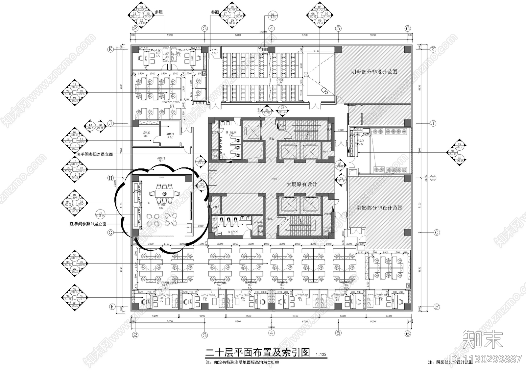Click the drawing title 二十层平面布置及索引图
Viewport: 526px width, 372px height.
[x=257, y=353]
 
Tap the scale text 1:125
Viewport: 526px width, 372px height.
[x=321, y=355]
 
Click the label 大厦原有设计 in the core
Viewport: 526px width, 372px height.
[x=302, y=184]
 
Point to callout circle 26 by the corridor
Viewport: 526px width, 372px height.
[x=200, y=162]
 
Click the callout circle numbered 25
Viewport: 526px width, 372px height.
[x=340, y=165]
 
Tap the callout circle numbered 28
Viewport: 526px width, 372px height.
[x=341, y=180]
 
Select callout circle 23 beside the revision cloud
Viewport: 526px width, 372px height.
[x=202, y=186]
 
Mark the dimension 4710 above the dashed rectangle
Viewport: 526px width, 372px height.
[x=316, y=51]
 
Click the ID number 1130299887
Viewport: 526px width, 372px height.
[x=490, y=359]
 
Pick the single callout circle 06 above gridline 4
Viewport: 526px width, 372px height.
[x=272, y=15]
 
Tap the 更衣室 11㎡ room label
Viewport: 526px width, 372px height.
[x=146, y=134]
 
